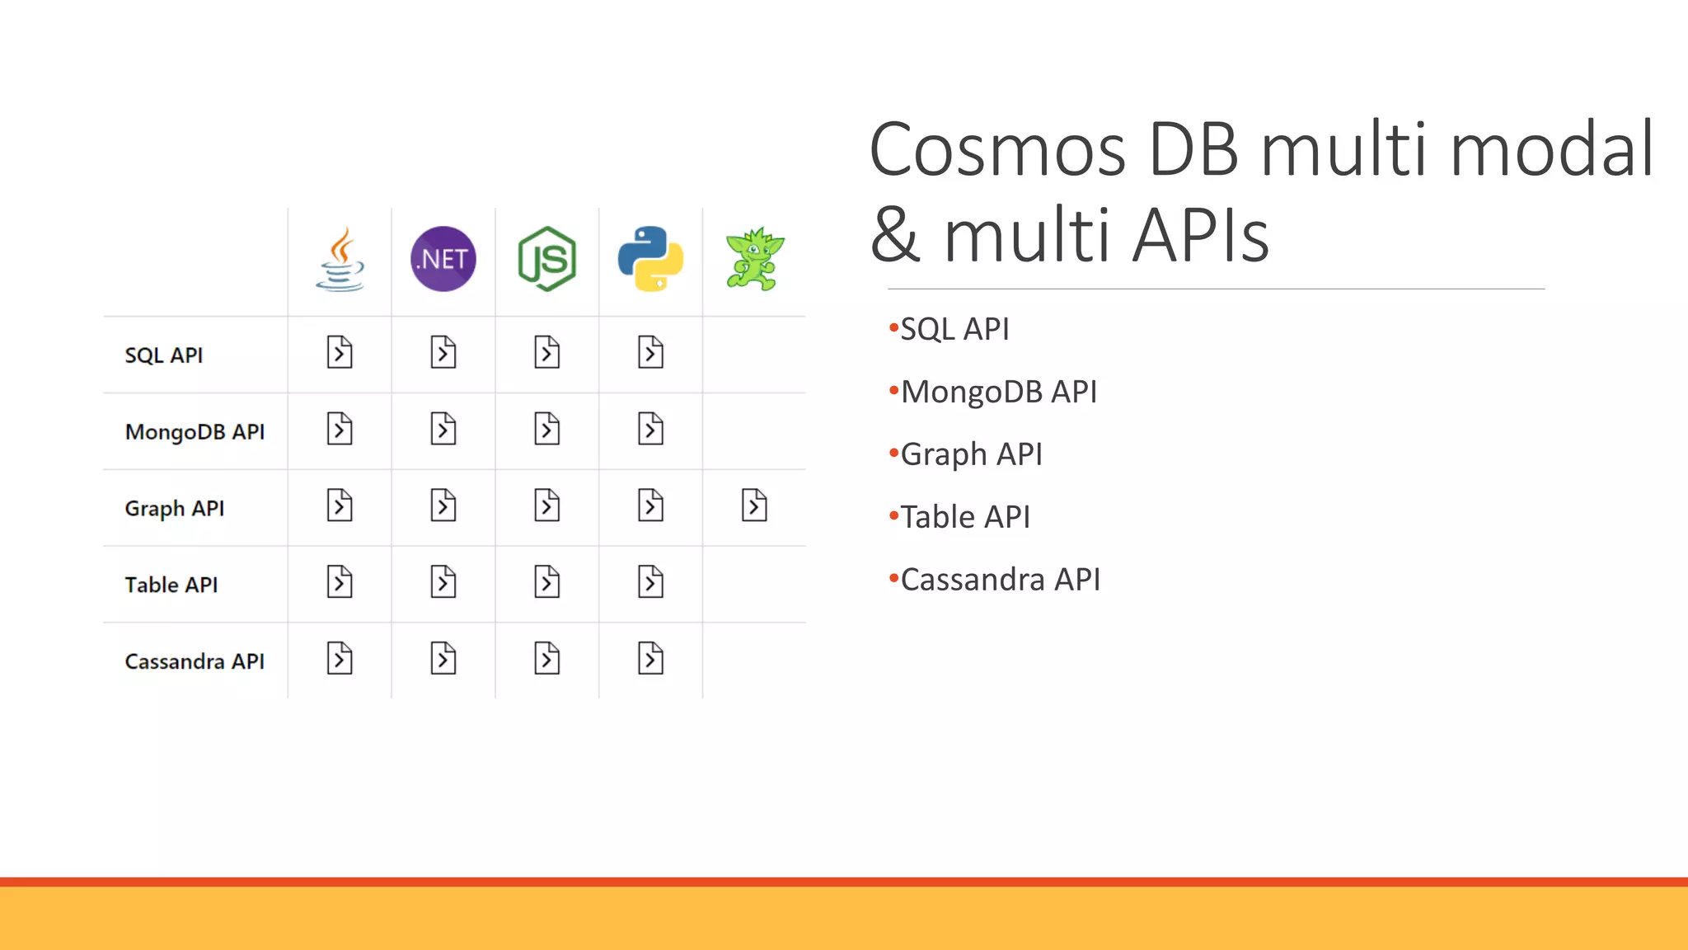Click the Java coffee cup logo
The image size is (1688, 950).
(x=340, y=260)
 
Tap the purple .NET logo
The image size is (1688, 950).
(x=443, y=259)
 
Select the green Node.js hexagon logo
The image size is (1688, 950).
(x=547, y=259)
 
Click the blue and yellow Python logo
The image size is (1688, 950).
(x=650, y=259)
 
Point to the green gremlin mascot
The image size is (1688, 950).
(x=754, y=259)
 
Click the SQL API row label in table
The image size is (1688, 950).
(x=163, y=355)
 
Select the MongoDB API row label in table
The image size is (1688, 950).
(x=195, y=432)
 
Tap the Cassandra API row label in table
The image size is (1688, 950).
(x=195, y=661)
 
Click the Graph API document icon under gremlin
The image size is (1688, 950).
(x=754, y=506)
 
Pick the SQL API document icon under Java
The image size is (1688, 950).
(x=340, y=353)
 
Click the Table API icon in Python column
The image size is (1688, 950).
(x=650, y=582)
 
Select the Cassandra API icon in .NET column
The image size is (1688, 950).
(x=443, y=659)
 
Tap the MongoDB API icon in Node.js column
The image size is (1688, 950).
(x=547, y=430)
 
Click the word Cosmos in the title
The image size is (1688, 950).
(x=997, y=150)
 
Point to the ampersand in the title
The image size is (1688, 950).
(x=895, y=236)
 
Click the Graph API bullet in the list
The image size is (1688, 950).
(x=971, y=454)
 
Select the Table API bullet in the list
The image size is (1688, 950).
(x=964, y=517)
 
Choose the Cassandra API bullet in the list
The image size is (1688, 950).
(x=1000, y=580)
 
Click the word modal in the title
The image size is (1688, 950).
(x=1551, y=150)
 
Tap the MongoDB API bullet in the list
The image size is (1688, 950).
(x=998, y=392)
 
